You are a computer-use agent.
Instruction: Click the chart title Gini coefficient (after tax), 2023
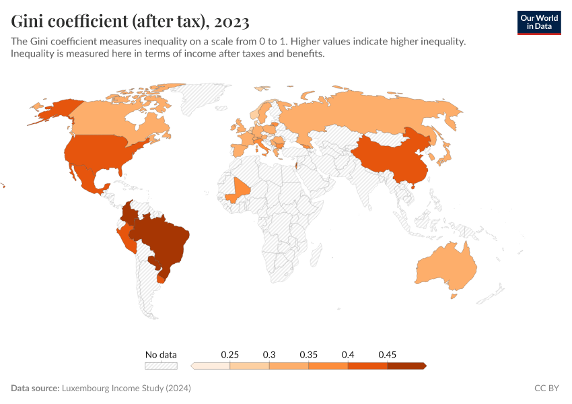click(130, 22)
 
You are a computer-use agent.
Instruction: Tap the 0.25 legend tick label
click(230, 354)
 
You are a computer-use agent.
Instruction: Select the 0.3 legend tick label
click(269, 354)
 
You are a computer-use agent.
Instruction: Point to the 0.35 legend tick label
click(309, 354)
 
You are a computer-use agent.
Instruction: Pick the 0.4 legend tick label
click(348, 354)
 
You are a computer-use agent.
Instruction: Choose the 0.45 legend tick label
click(387, 354)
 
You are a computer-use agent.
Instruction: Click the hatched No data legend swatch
click(161, 366)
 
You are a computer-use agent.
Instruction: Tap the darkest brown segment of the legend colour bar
click(406, 366)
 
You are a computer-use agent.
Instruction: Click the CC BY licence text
click(547, 389)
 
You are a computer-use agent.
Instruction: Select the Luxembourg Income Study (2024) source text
click(126, 389)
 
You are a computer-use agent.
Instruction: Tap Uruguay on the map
click(161, 278)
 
